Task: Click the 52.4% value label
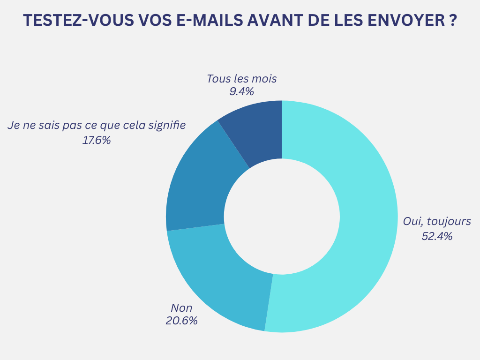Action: point(437,236)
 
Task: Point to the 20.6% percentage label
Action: point(181,321)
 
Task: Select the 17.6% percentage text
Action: point(97,140)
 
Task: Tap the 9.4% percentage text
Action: point(241,91)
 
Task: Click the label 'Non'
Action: point(181,308)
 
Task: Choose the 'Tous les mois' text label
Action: point(241,78)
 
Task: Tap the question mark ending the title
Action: point(452,21)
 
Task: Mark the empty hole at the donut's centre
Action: point(282,216)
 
